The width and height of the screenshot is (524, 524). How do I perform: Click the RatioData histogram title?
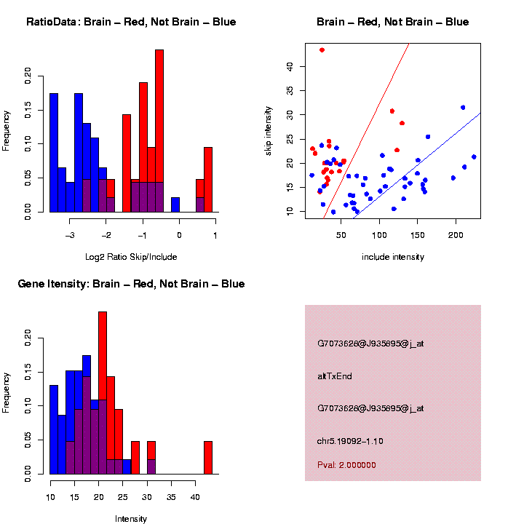click(131, 22)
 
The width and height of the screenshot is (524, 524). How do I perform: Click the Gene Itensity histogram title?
click(131, 283)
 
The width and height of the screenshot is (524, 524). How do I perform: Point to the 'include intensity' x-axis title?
click(393, 257)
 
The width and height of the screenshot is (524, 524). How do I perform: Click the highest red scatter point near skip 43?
click(322, 50)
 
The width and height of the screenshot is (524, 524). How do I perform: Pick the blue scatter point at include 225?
click(474, 156)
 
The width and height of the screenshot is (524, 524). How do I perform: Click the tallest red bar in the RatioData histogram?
click(159, 109)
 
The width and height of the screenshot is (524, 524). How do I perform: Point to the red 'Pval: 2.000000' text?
click(346, 465)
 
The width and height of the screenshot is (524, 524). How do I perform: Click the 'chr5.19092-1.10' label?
click(350, 441)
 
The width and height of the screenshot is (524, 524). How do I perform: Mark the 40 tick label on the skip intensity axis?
click(289, 66)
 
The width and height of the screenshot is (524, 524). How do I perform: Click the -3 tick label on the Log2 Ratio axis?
click(70, 235)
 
